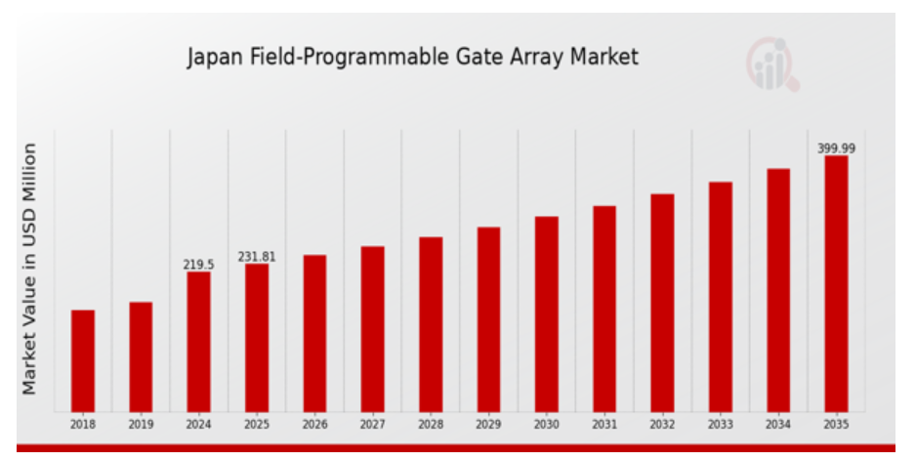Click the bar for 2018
pos(83,361)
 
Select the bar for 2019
pos(141,357)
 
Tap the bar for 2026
pos(314,334)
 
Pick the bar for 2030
pos(546,314)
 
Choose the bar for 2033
pos(721,297)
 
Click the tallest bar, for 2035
pos(836,284)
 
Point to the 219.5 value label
pos(198,265)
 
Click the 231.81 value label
pos(257,257)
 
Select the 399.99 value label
pos(836,148)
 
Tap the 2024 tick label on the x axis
pos(198,425)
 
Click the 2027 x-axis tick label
pos(373,425)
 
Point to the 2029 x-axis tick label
pos(488,425)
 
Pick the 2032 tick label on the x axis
pos(662,425)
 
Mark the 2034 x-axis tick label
pos(778,425)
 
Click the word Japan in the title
pos(215,58)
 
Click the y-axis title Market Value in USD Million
pos(28,269)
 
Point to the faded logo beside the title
pos(772,64)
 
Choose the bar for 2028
pos(431,324)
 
